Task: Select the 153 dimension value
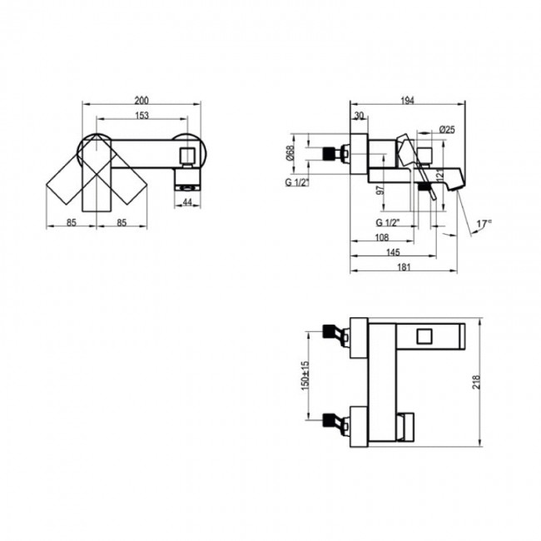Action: pyautogui.click(x=142, y=115)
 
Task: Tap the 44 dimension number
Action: pyautogui.click(x=187, y=202)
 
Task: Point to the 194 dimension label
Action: pyautogui.click(x=407, y=101)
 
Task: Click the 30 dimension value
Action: pyautogui.click(x=360, y=116)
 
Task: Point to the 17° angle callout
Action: pyautogui.click(x=484, y=223)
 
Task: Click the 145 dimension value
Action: pyautogui.click(x=393, y=253)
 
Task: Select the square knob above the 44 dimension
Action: pyautogui.click(x=187, y=154)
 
